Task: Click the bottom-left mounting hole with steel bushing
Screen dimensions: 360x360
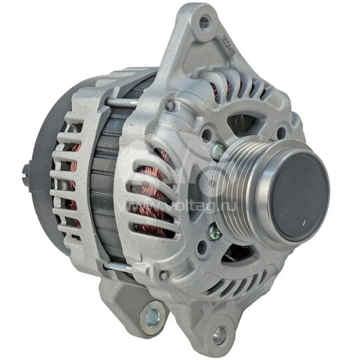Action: click(150, 312)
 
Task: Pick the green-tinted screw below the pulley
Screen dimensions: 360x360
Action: click(213, 233)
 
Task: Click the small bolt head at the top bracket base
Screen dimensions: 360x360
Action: click(169, 105)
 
